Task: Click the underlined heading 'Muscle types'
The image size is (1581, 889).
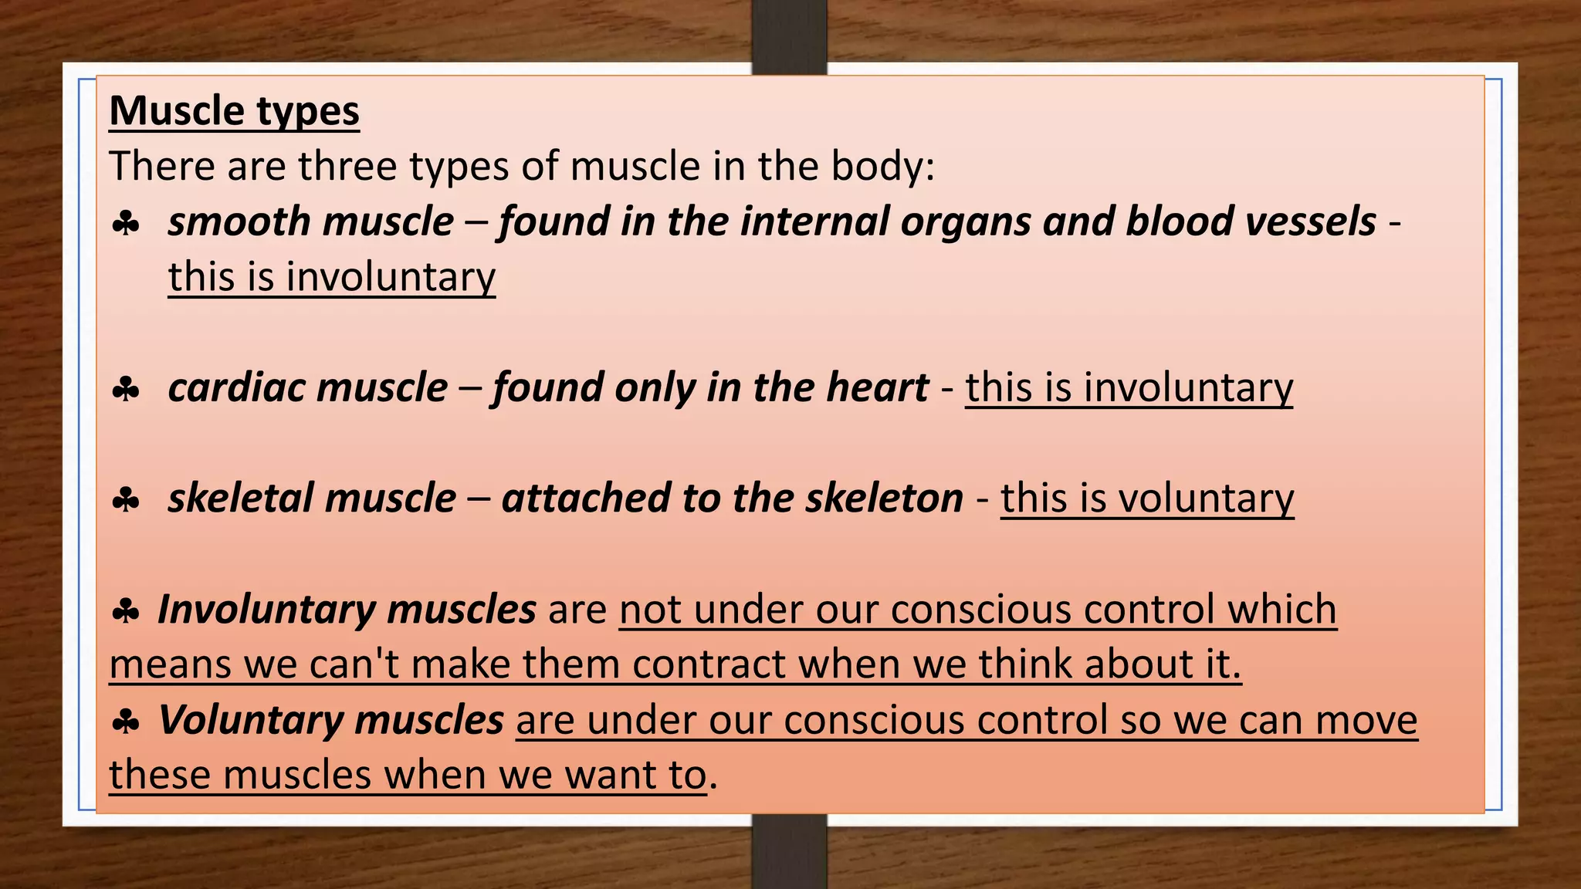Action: [x=234, y=111]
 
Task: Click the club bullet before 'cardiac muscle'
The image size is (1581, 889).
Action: [x=126, y=389]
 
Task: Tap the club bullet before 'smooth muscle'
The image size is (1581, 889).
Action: [x=126, y=224]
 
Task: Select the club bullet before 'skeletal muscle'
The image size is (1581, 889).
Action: [x=126, y=500]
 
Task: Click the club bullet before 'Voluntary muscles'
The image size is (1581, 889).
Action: [x=126, y=722]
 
